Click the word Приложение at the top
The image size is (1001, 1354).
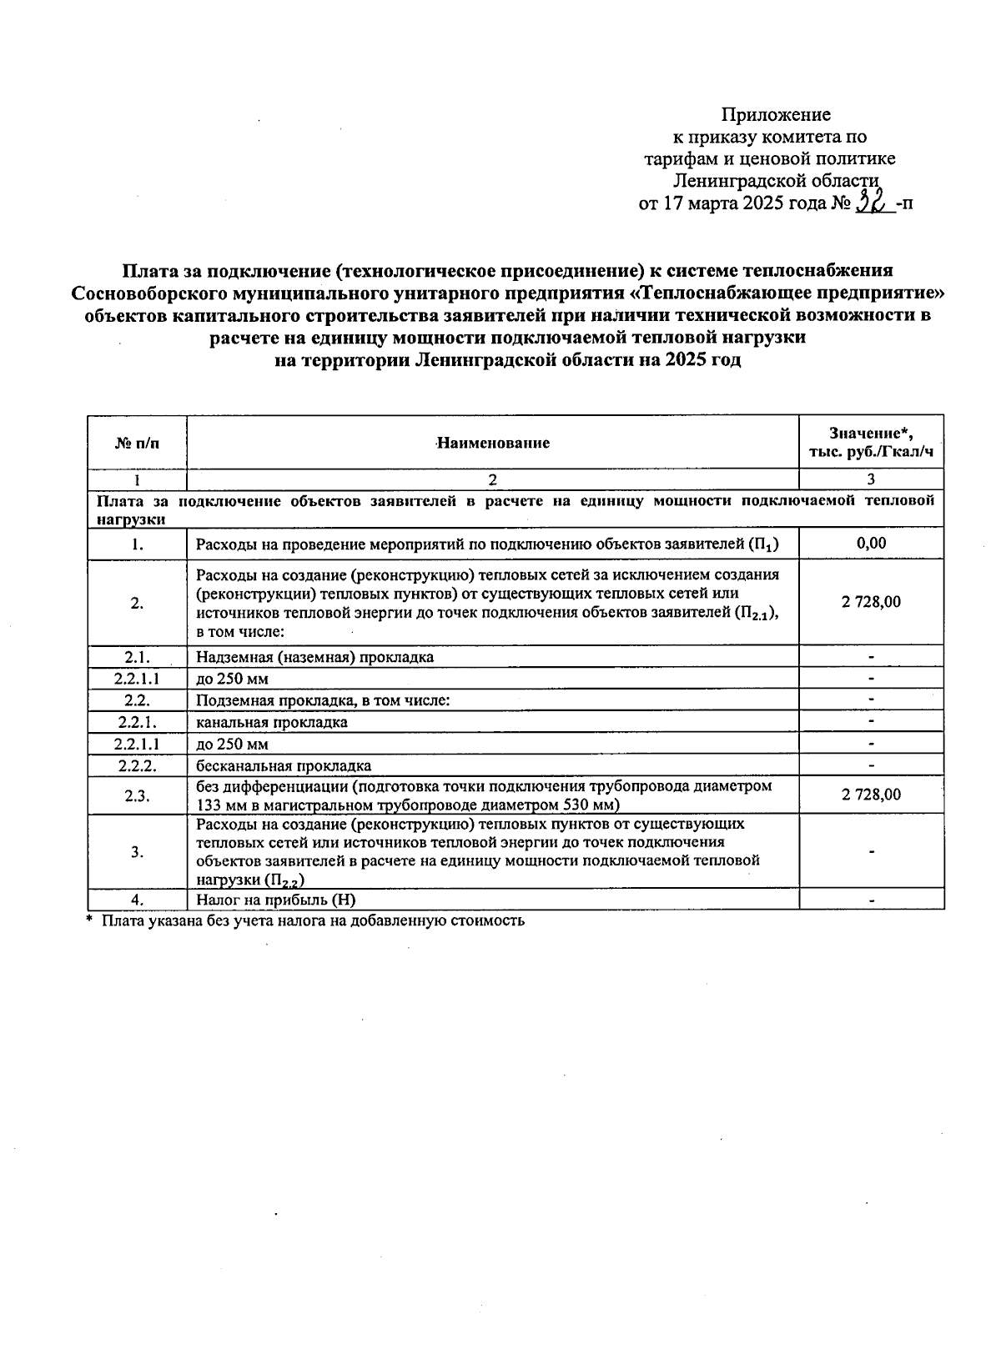[x=776, y=114]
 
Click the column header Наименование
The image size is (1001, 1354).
[x=493, y=443]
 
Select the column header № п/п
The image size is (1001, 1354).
[x=137, y=443]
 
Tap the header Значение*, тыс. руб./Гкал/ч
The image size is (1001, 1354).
[x=871, y=443]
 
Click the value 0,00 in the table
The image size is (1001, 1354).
[x=871, y=544]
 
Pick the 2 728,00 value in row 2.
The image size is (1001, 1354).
[x=871, y=602]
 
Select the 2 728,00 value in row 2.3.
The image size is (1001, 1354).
[x=871, y=795]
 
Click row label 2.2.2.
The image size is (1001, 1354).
[x=137, y=765]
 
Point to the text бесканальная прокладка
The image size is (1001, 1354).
[x=284, y=765]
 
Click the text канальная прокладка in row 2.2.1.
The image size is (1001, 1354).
[x=272, y=722]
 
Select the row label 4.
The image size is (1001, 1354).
[x=137, y=900]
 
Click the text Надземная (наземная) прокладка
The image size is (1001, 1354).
[x=314, y=657]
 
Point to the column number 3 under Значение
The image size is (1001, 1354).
[x=871, y=479]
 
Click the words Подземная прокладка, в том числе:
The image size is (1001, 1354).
[x=323, y=700]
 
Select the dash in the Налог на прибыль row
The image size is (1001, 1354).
[x=871, y=900]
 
